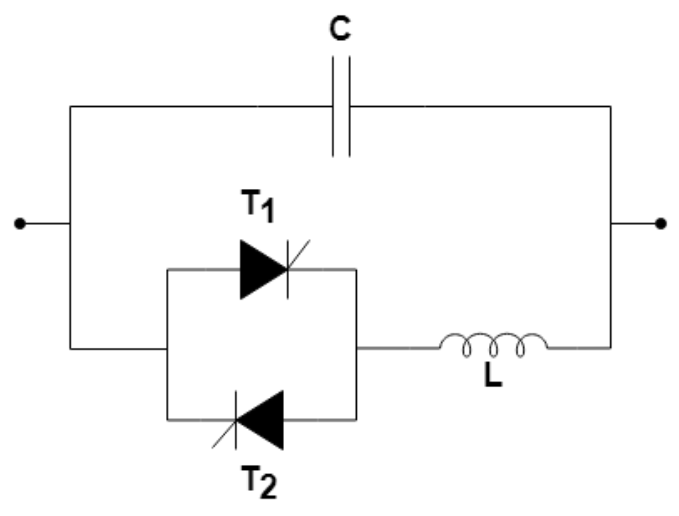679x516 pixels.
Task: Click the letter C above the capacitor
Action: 340,29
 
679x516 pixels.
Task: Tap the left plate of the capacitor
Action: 333,106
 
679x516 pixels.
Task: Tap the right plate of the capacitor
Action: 349,106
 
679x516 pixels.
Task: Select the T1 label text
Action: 258,206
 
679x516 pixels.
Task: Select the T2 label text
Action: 259,482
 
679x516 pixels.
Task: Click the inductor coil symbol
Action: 493,344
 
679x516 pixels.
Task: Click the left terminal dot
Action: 20,224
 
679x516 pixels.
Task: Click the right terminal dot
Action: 661,224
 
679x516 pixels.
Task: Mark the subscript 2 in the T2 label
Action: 268,487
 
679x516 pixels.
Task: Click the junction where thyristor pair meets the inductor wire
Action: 356,348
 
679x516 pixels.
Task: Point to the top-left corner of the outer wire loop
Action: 70,106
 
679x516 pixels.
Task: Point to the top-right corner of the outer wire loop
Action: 610,106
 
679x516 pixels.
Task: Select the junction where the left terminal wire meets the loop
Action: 70,224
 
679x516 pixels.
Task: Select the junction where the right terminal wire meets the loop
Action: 610,224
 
